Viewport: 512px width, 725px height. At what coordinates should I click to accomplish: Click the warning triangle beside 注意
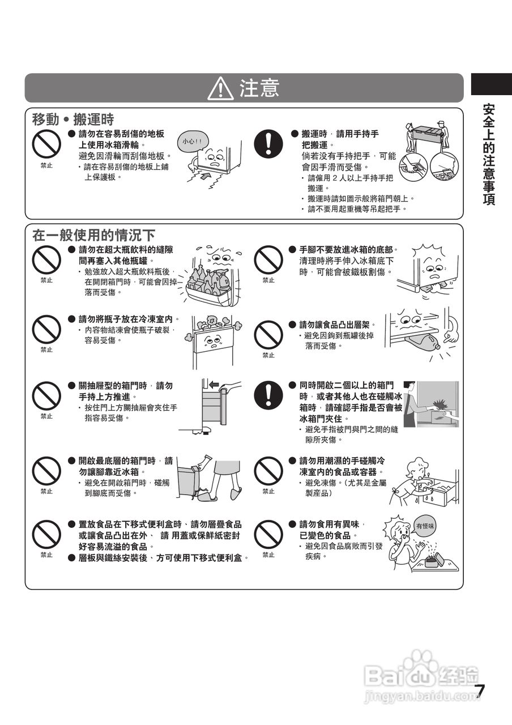[x=220, y=88]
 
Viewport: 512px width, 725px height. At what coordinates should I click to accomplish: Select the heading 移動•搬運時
[x=73, y=120]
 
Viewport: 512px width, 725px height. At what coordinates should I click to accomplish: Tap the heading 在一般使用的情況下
[x=93, y=235]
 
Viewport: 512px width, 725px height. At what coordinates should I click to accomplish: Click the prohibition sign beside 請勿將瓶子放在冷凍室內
[x=46, y=330]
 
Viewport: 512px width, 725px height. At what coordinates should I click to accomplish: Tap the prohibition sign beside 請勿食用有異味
[x=268, y=535]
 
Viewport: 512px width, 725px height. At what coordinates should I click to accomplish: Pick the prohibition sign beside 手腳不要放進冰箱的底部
[x=268, y=261]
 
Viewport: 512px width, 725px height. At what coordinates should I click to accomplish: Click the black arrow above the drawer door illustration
[x=214, y=385]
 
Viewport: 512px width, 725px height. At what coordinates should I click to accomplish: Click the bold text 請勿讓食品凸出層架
[x=337, y=325]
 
